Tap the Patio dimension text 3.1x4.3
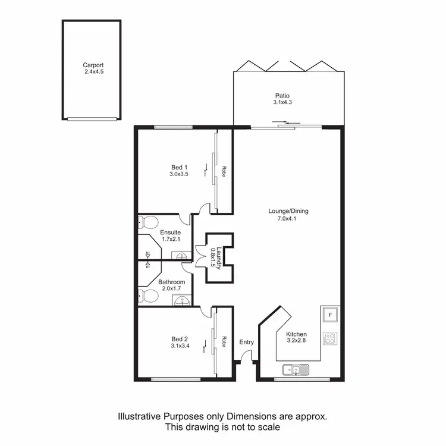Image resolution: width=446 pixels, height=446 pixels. [x=282, y=102]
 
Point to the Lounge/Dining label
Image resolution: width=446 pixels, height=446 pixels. [x=288, y=211]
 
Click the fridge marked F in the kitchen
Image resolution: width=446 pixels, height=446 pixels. [x=329, y=315]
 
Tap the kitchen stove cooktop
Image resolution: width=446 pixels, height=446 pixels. [x=329, y=339]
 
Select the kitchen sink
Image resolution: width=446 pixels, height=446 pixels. [x=296, y=370]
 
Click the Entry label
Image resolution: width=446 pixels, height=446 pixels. [x=246, y=342]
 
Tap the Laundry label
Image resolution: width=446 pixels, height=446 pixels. [x=219, y=259]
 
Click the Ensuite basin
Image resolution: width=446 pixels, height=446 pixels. [x=181, y=255]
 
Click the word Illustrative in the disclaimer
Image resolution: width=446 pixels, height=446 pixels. [x=140, y=417]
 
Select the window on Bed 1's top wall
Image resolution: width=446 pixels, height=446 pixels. [x=173, y=127]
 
